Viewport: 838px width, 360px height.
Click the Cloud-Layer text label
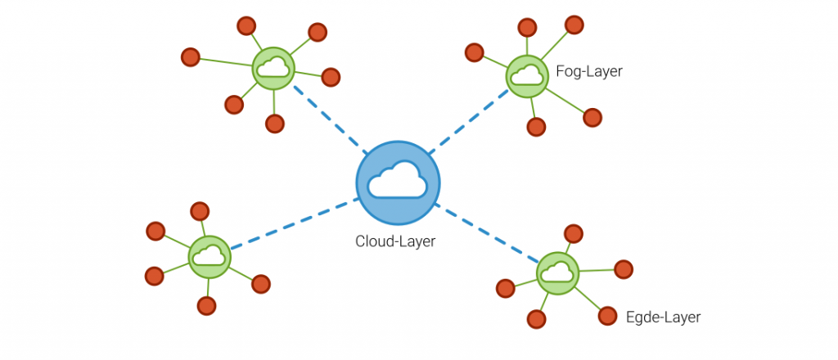tap(395, 241)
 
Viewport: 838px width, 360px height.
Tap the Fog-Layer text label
tap(588, 71)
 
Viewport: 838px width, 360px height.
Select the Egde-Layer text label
tap(662, 317)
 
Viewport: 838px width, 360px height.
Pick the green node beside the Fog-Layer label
tap(526, 76)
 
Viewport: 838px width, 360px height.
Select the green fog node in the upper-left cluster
tap(273, 69)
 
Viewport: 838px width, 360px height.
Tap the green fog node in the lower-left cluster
tap(209, 257)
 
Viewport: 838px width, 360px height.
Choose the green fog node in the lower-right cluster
tap(558, 272)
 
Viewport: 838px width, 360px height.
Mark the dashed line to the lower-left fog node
tap(295, 223)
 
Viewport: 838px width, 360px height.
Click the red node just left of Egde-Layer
tap(606, 315)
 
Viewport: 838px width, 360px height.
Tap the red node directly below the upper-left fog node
tap(275, 124)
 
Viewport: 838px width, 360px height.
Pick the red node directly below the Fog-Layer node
tap(536, 127)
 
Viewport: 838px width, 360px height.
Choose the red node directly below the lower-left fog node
tap(207, 306)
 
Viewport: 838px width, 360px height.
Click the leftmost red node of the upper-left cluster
tap(190, 57)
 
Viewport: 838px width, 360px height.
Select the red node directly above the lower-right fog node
tap(574, 234)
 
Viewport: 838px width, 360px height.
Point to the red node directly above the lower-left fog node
tap(200, 211)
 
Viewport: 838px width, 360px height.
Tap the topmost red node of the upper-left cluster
tap(246, 26)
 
